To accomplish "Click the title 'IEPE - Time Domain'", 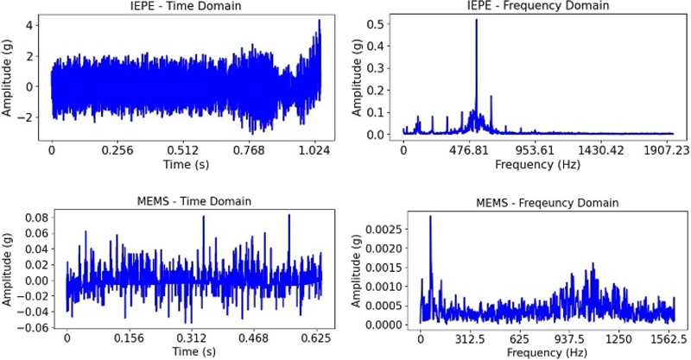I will [184, 7].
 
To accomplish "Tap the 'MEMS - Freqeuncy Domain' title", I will [548, 202].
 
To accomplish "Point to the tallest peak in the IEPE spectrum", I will [476, 21].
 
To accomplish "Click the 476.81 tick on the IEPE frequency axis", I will [475, 149].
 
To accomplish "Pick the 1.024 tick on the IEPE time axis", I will [320, 149].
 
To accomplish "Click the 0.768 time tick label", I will [253, 149].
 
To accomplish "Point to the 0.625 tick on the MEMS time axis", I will [321, 340].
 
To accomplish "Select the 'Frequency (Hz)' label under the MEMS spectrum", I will [546, 353].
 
